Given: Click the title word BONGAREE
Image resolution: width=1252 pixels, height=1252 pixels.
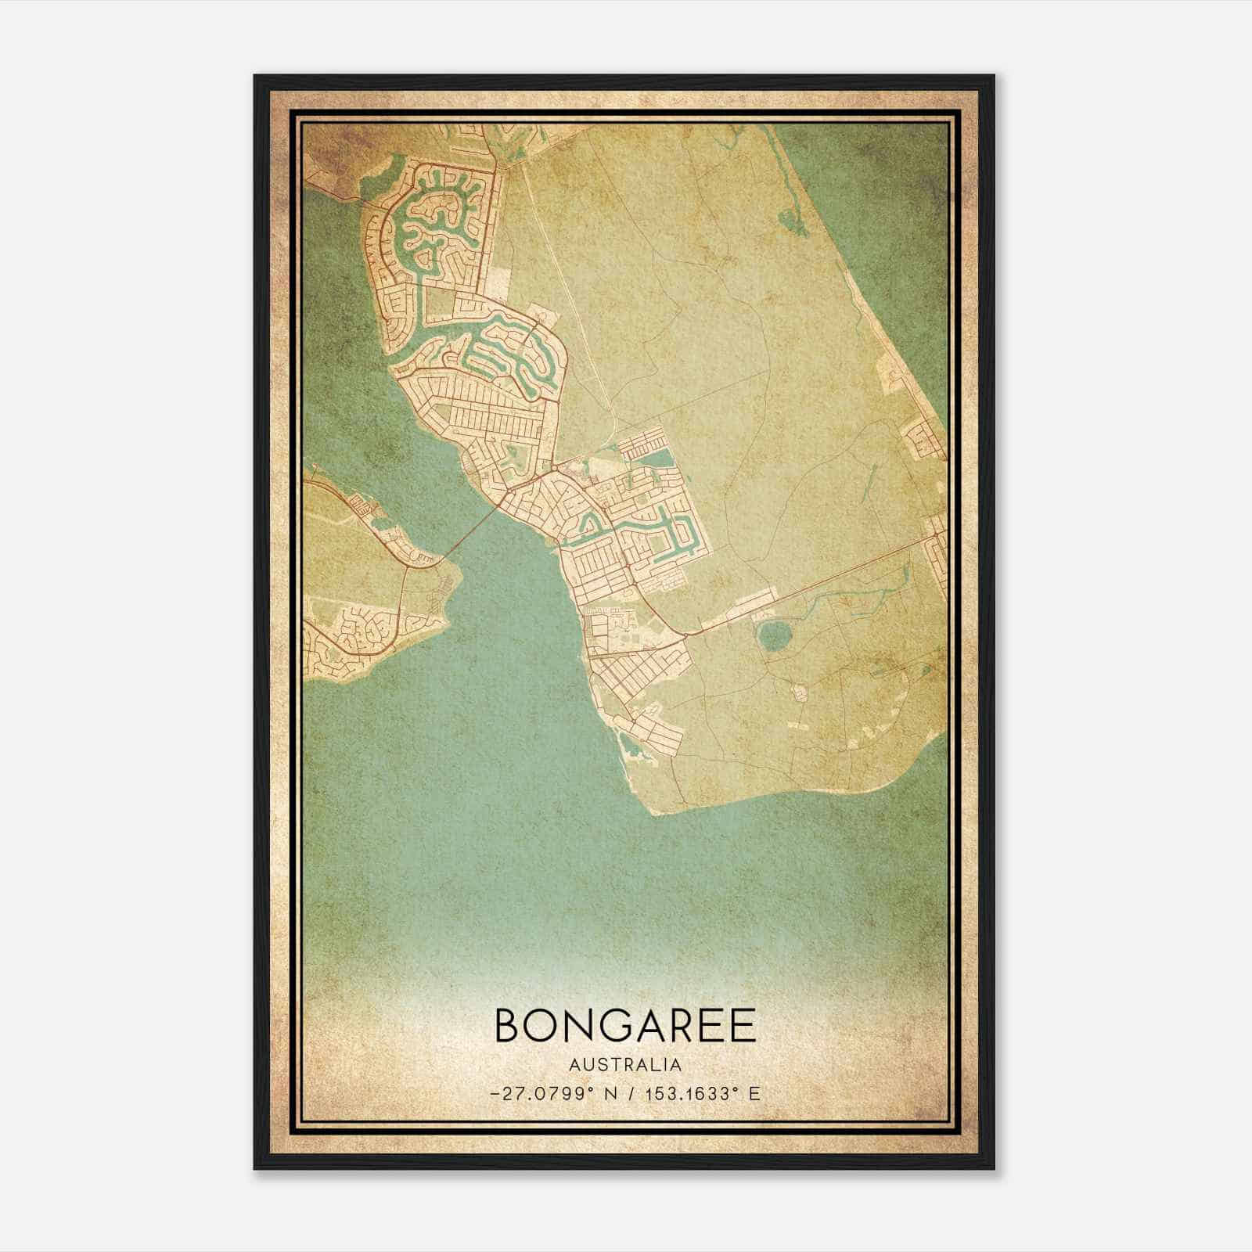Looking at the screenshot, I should pyautogui.click(x=625, y=1025).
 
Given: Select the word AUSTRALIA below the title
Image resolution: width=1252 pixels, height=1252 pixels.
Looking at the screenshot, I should pyautogui.click(x=625, y=1065).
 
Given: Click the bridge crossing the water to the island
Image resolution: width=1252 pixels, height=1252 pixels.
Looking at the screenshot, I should pyautogui.click(x=469, y=533).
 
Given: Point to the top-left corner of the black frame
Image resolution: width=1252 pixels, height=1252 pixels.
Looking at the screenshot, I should pyautogui.click(x=255, y=76).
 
